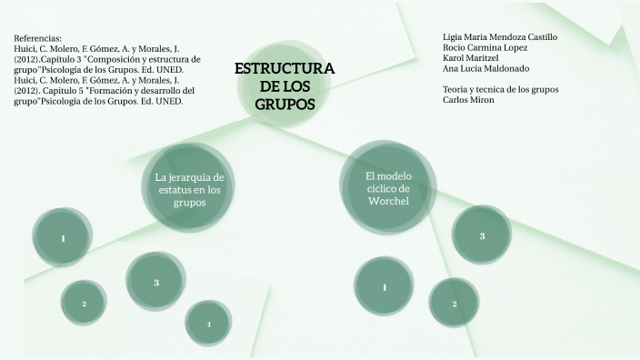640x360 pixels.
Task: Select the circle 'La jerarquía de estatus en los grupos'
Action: coord(189,189)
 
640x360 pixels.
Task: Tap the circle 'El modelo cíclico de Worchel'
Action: coord(388,186)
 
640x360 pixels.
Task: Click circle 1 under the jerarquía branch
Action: coord(63,238)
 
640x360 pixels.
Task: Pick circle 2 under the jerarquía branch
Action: coord(84,303)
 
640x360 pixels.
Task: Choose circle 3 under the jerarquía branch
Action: coord(156,282)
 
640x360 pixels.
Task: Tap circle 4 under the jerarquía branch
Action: coord(208,324)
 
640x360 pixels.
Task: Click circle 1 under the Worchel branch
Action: coord(385,287)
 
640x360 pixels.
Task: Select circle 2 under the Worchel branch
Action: coord(454,303)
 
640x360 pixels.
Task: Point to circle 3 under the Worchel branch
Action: coord(482,236)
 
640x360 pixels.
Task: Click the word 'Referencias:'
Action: coord(38,38)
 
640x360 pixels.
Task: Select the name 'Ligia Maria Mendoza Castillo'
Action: coord(500,37)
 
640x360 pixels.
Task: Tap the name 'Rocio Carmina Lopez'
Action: coord(485,47)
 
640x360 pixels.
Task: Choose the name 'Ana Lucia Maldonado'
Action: coord(485,68)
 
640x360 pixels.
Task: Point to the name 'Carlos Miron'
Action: coord(469,99)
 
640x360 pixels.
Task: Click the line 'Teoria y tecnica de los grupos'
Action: coord(500,89)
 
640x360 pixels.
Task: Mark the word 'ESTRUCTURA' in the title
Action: coord(285,68)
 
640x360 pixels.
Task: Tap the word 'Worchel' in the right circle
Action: coord(388,200)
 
